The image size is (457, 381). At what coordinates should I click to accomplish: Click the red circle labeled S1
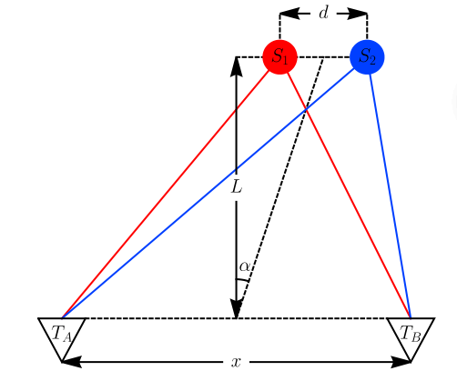pos(279,57)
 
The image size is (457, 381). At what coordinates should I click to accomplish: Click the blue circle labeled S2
pos(367,57)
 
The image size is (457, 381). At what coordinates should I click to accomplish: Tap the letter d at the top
pos(324,14)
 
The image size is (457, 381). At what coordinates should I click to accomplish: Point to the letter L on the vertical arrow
pos(237,186)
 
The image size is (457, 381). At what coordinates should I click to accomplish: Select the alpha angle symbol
pos(245,266)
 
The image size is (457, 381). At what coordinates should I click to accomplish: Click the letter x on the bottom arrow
pos(236,362)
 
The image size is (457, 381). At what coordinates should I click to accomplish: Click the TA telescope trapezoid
pos(62,336)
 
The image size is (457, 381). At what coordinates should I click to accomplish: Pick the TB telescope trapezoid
pos(411,336)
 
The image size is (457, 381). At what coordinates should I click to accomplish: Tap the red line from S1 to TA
pos(166,194)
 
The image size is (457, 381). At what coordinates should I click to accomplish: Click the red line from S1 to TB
pos(349,196)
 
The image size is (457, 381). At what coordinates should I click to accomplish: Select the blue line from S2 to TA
pos(208,193)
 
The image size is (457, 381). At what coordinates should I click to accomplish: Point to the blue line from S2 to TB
pos(390,196)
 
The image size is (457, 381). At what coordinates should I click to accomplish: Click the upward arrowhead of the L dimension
pos(237,66)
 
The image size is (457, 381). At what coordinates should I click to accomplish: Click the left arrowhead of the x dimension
pos(72,362)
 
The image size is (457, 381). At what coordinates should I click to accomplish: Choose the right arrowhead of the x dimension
pos(401,362)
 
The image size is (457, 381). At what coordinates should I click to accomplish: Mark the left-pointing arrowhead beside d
pos(289,14)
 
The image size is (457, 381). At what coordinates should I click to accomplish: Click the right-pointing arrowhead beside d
pos(358,14)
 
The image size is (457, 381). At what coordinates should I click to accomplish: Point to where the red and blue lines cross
pos(306,110)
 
